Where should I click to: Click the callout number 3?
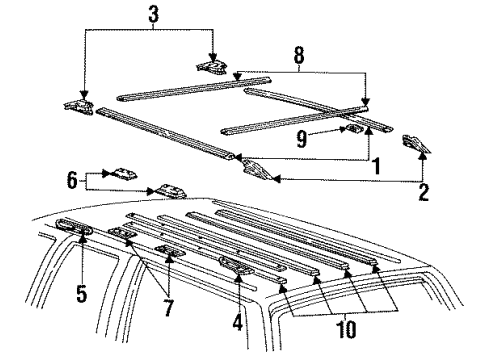click(x=153, y=14)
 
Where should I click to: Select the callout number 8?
click(x=299, y=55)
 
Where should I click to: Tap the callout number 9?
click(x=301, y=138)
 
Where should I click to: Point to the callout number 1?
click(x=376, y=166)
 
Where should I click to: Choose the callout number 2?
click(x=423, y=192)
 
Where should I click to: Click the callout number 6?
click(x=72, y=180)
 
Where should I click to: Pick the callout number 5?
click(x=82, y=293)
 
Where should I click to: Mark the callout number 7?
click(x=169, y=307)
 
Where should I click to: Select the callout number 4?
click(x=237, y=322)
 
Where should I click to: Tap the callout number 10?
click(x=346, y=329)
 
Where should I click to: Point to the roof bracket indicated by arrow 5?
click(x=75, y=227)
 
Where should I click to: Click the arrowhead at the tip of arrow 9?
click(x=343, y=129)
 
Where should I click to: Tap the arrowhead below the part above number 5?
click(x=82, y=237)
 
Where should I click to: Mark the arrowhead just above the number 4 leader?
click(x=238, y=277)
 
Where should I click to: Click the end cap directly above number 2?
click(x=416, y=144)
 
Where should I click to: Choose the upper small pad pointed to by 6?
click(x=125, y=174)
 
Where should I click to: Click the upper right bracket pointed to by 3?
click(x=212, y=67)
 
